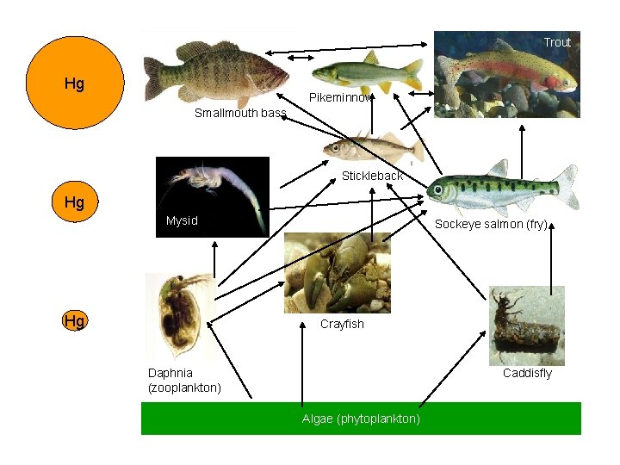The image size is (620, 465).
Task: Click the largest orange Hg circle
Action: [x=75, y=84]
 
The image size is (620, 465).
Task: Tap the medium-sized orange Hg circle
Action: [x=75, y=202]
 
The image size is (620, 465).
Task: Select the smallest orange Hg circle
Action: [x=75, y=321]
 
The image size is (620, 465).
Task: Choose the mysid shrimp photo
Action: [x=212, y=195]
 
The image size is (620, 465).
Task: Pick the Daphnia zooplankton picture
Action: [x=179, y=317]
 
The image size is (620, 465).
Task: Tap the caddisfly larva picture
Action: [x=526, y=325]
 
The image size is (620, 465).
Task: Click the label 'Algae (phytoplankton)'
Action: [x=361, y=418]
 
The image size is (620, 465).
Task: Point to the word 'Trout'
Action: [x=557, y=42]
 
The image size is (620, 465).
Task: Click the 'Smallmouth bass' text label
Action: [x=239, y=113]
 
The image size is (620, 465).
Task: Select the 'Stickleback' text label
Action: [x=372, y=176]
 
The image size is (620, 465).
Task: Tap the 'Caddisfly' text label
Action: [x=527, y=373]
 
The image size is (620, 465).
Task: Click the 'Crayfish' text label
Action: [x=342, y=324]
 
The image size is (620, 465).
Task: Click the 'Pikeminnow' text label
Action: [x=341, y=97]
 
